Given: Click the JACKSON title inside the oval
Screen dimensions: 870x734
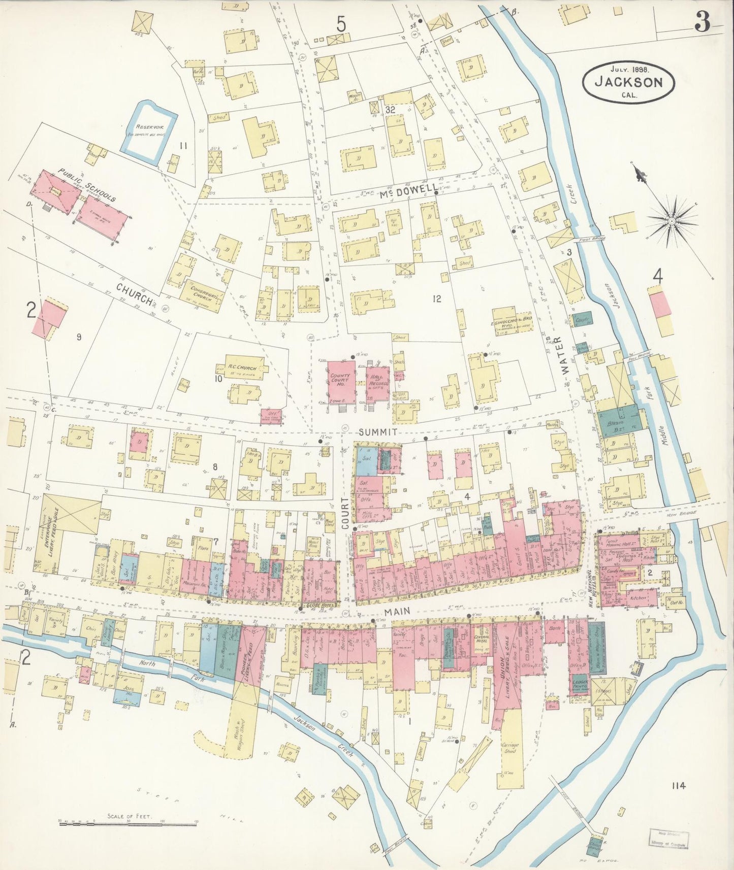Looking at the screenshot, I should click(x=629, y=81).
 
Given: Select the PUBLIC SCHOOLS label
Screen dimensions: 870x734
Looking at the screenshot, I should click(x=86, y=185).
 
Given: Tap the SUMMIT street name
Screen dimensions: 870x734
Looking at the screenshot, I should click(x=376, y=432).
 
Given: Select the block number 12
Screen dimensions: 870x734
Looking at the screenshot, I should click(x=436, y=299).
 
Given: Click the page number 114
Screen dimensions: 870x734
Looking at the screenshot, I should click(x=678, y=786).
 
